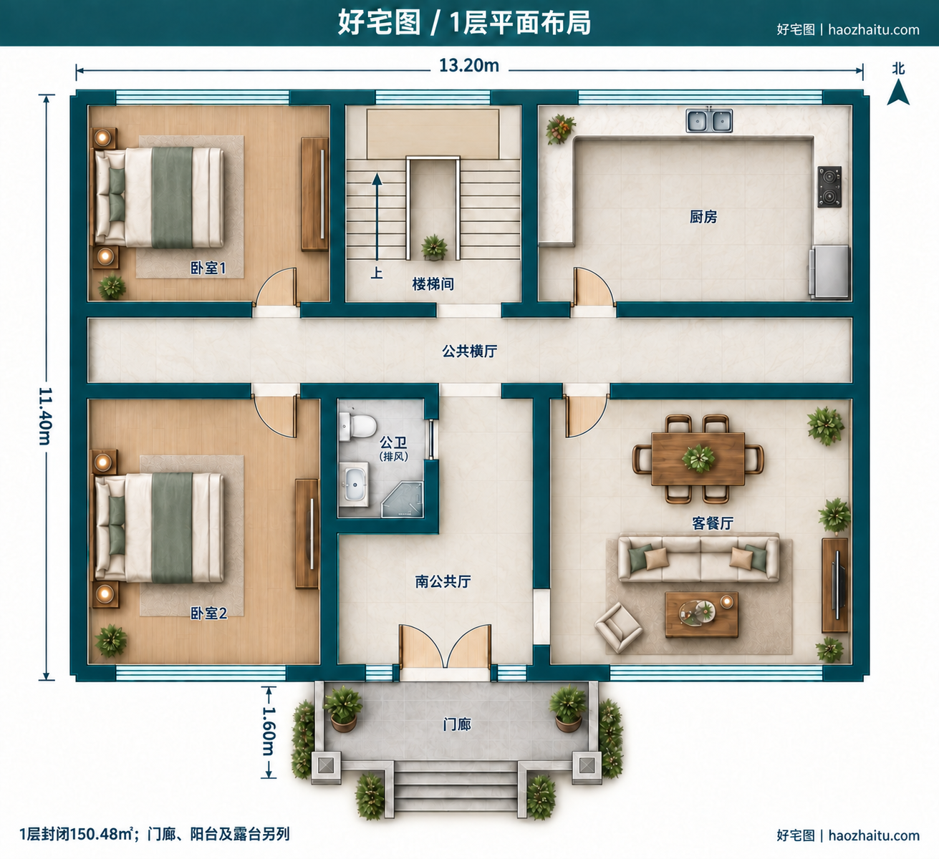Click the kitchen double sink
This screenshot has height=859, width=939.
pyautogui.click(x=709, y=120)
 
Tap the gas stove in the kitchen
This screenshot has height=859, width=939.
pyautogui.click(x=829, y=187)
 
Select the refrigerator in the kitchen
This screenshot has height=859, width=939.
pyautogui.click(x=829, y=271)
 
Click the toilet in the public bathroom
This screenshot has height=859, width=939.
pyautogui.click(x=357, y=426)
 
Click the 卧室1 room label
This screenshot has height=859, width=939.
pyautogui.click(x=208, y=268)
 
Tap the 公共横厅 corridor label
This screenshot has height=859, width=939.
pyautogui.click(x=470, y=351)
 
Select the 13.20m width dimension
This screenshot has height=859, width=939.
pyautogui.click(x=469, y=66)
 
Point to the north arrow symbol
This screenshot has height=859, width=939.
pyautogui.click(x=898, y=92)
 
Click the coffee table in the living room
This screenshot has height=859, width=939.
pyautogui.click(x=702, y=615)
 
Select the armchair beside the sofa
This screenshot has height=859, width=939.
pyautogui.click(x=618, y=627)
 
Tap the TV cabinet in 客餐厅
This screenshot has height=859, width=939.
pyautogui.click(x=835, y=586)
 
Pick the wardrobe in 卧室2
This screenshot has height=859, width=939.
pyautogui.click(x=307, y=534)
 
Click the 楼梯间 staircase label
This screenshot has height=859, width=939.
pyautogui.click(x=433, y=284)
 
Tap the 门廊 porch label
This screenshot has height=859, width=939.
pyautogui.click(x=457, y=724)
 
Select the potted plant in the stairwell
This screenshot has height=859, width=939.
pyautogui.click(x=434, y=248)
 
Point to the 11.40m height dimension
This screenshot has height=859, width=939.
pyautogui.click(x=46, y=416)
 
